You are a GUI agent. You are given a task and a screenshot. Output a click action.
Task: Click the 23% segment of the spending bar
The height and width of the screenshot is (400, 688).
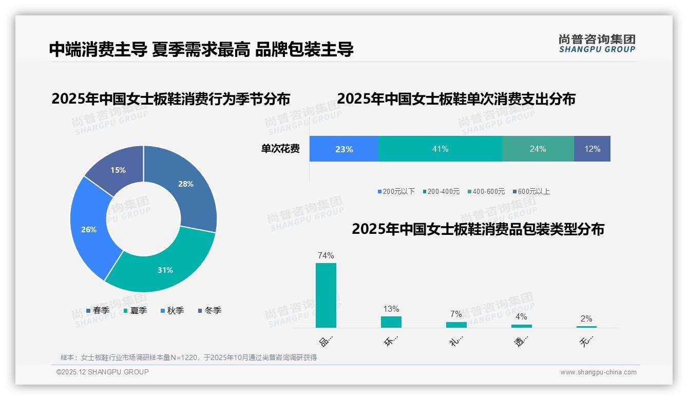(343, 149)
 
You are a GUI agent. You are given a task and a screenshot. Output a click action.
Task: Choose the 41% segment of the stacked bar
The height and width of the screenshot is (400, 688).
(440, 149)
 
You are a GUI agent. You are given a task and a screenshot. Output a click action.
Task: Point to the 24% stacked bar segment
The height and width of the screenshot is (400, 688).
(538, 149)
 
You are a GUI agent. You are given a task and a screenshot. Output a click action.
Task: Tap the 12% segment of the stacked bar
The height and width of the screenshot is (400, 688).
(592, 149)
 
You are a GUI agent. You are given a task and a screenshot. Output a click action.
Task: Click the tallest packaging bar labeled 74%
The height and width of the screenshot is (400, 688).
(326, 295)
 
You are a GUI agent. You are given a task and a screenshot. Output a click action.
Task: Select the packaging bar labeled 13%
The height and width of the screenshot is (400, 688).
(391, 322)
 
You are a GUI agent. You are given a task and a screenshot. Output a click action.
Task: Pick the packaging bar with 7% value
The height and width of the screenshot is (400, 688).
(456, 325)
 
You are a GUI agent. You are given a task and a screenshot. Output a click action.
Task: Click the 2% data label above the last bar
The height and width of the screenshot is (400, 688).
(586, 318)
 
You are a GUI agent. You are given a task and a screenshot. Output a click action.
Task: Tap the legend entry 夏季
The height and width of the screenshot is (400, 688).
(136, 310)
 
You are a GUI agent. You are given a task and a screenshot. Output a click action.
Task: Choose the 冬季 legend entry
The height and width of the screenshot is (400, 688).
(209, 310)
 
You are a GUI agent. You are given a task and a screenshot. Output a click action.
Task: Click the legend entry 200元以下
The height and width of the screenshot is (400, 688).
(396, 192)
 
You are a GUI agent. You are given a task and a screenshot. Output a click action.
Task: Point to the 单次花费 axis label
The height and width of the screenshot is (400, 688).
(280, 149)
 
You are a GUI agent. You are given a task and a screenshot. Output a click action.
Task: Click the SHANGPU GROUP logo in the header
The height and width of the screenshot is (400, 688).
(597, 44)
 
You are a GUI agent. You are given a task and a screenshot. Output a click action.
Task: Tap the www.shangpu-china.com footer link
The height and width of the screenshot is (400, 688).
(598, 372)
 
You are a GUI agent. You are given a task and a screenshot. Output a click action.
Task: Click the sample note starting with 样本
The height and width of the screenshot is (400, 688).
(188, 357)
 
